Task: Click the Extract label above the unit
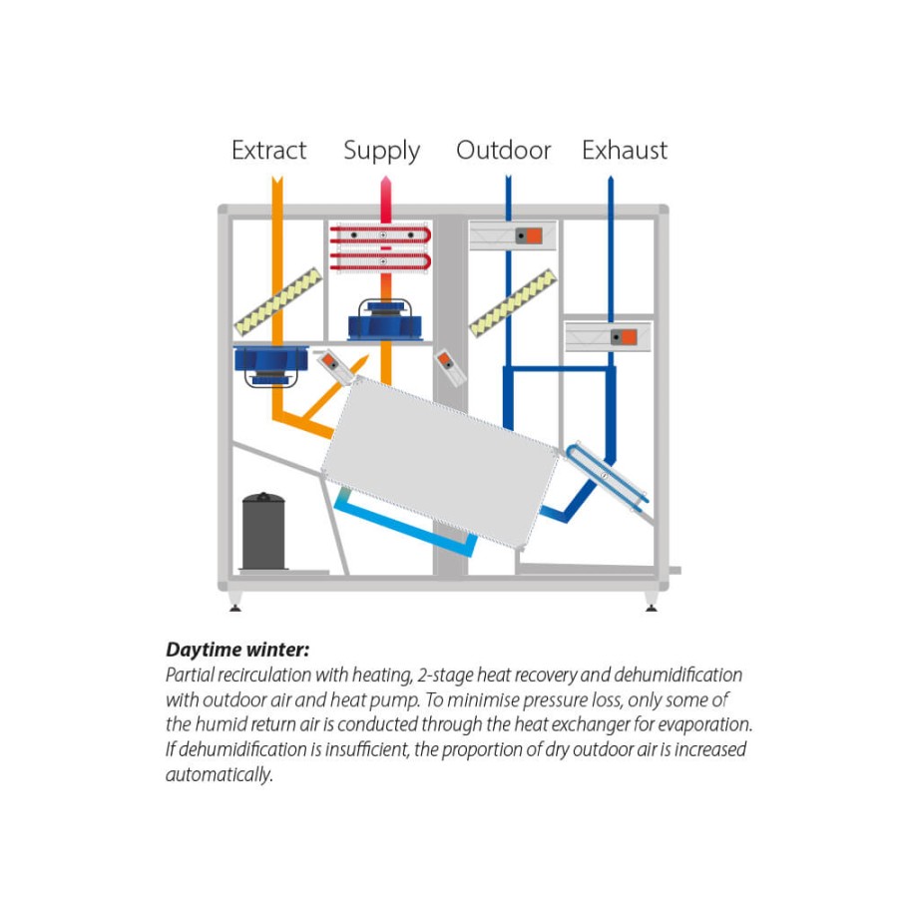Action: (269, 150)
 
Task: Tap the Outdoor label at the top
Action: (504, 150)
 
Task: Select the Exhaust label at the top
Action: (625, 150)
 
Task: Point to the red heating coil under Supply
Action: (380, 248)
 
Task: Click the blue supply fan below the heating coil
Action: (385, 319)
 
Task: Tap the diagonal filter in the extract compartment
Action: (278, 301)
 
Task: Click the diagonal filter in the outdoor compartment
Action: (513, 301)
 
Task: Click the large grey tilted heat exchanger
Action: (440, 462)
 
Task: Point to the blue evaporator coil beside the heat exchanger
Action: (607, 475)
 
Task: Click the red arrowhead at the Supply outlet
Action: (386, 185)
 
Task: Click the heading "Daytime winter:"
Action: (237, 650)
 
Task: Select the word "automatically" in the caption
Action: (219, 775)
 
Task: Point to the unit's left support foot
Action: (234, 602)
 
